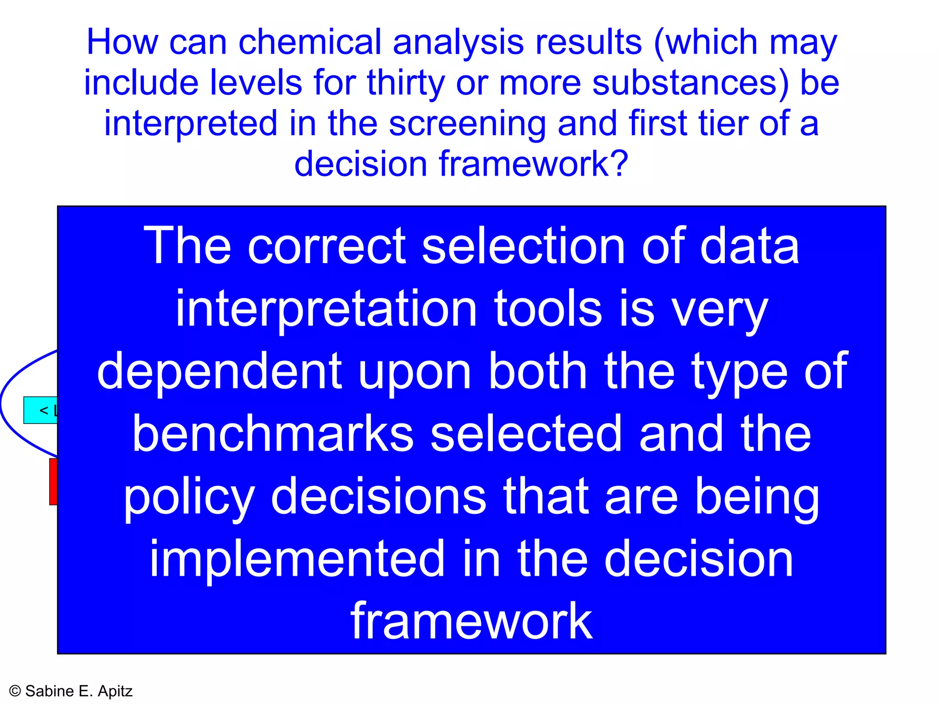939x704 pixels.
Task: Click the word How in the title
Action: (122, 42)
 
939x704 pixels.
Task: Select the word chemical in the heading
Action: (310, 42)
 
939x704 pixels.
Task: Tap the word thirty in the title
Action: (406, 83)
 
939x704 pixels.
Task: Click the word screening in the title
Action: (467, 124)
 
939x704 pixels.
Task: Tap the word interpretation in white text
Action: (326, 310)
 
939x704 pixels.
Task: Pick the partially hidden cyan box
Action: (41, 410)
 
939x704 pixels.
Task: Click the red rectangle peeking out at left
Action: (53, 481)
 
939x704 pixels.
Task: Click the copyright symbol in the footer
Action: (15, 691)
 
